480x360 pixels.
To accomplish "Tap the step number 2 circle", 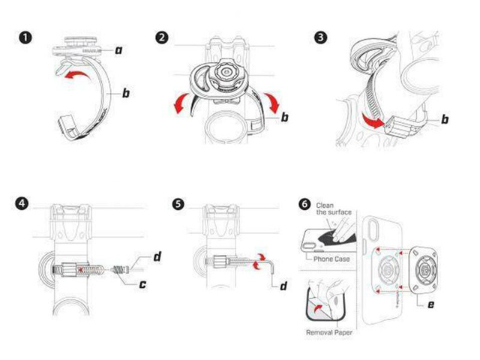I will [161, 38].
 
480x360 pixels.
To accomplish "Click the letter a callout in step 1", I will [118, 49].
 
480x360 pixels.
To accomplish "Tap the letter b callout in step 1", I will [126, 94].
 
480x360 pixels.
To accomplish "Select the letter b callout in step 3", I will [445, 118].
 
